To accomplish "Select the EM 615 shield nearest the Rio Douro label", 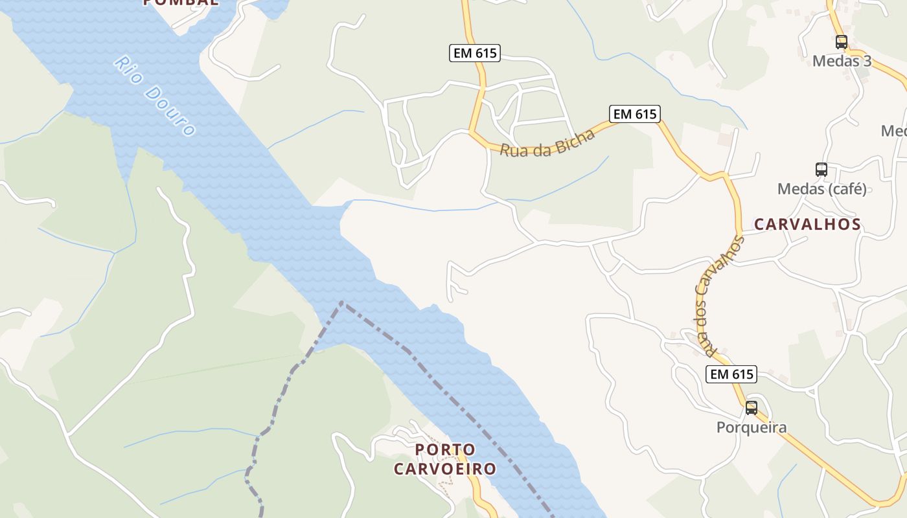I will (475, 53).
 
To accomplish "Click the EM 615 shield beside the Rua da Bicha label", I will (635, 114).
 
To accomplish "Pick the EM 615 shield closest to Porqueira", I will (731, 374).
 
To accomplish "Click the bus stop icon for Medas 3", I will (841, 43).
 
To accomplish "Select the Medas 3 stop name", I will (842, 62).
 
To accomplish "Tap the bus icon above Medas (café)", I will (821, 170).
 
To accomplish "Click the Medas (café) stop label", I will (821, 189).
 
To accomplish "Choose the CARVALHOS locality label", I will (807, 225).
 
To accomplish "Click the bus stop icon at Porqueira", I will (751, 408).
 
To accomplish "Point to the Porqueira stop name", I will (752, 427).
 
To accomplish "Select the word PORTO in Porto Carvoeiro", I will (445, 449).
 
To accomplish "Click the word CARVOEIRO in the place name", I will (445, 469).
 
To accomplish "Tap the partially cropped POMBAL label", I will (180, 3).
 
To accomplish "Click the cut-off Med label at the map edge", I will (893, 131).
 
